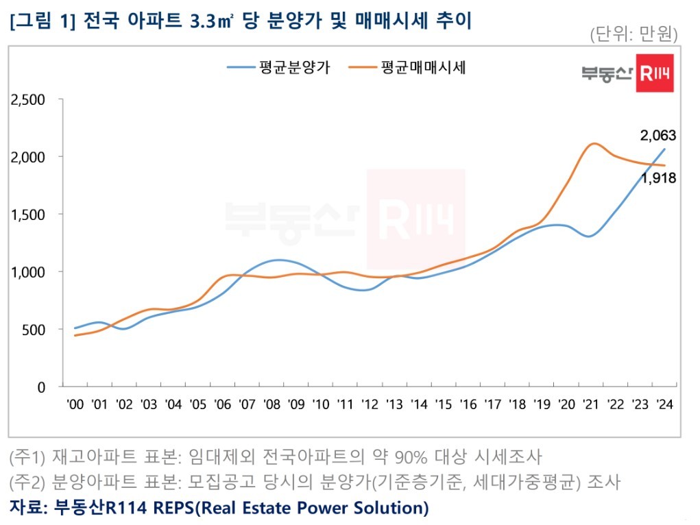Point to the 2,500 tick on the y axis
click(28, 99)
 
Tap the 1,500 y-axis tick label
click(28, 215)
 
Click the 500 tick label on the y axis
click(34, 330)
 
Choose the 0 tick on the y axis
click(41, 387)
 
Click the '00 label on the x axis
click(75, 404)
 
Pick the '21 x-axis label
click(590, 404)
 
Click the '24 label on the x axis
click(663, 404)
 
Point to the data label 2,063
click(658, 136)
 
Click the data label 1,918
click(658, 178)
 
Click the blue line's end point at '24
click(664, 149)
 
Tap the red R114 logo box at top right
click(655, 73)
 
